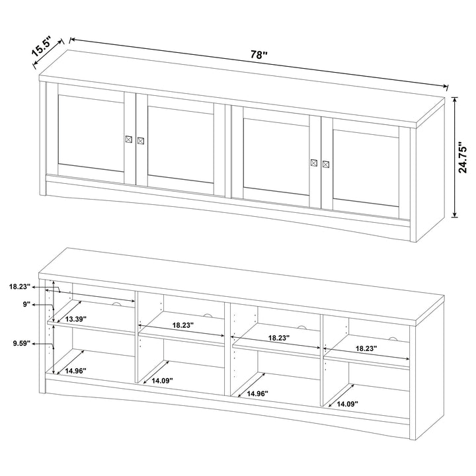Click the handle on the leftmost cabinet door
[x=129, y=139]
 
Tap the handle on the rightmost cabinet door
[x=325, y=163]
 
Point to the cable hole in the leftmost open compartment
[x=116, y=303]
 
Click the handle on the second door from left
[x=140, y=141]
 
